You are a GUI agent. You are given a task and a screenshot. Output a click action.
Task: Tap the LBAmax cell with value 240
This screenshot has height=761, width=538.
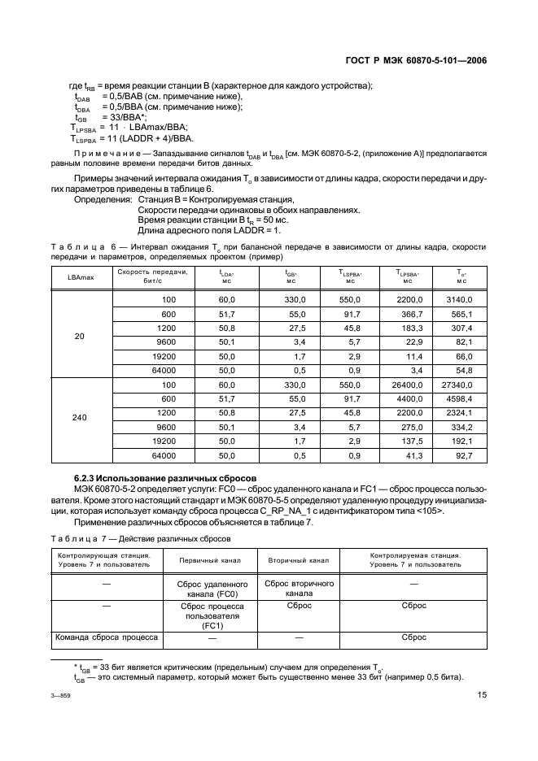[79, 417]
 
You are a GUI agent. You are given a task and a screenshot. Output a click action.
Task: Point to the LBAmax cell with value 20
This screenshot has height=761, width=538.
[79, 335]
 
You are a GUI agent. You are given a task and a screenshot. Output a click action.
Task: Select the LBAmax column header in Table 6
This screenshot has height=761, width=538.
[79, 276]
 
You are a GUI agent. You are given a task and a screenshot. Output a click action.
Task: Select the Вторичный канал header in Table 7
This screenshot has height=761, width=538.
[298, 561]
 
